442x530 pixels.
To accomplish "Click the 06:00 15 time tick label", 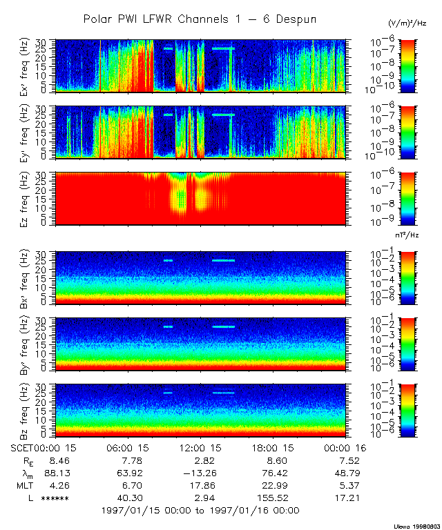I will point(128,448).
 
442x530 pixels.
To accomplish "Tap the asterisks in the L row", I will point(55,498).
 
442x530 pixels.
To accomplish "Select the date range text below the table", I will point(200,511).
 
